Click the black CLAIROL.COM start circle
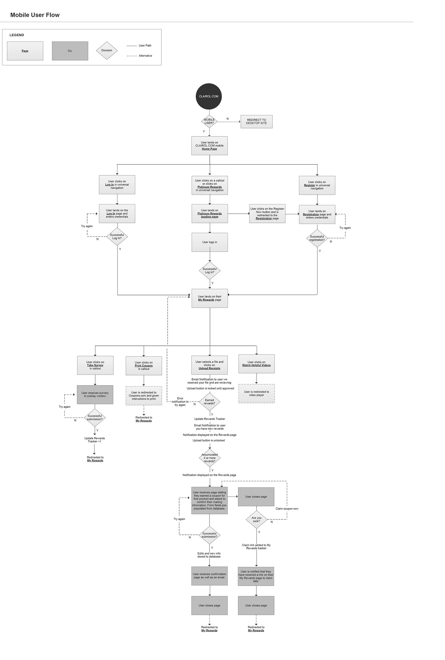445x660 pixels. pos(209,96)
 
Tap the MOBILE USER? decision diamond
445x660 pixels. pos(209,121)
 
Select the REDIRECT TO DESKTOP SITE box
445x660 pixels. pos(256,122)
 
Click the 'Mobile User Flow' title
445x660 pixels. pos(35,15)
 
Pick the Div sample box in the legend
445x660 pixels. pos(70,51)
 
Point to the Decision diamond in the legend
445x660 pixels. pos(107,50)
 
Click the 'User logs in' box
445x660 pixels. pos(209,242)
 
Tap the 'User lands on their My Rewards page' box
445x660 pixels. pos(209,298)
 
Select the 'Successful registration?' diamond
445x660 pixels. pos(317,238)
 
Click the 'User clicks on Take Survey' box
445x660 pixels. pos(95,365)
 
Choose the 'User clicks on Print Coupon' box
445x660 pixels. pos(144,366)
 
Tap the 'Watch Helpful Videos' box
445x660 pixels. pos(256,364)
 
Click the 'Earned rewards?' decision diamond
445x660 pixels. pos(209,402)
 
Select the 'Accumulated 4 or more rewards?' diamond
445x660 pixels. pos(209,458)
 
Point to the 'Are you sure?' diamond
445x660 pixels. pos(256,519)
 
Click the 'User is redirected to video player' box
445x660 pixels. pos(256,394)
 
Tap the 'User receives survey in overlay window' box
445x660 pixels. pos(95,394)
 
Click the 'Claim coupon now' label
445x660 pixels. pos(287,509)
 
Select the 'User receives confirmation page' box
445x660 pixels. pos(209,576)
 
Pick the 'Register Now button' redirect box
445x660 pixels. pos(267,214)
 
